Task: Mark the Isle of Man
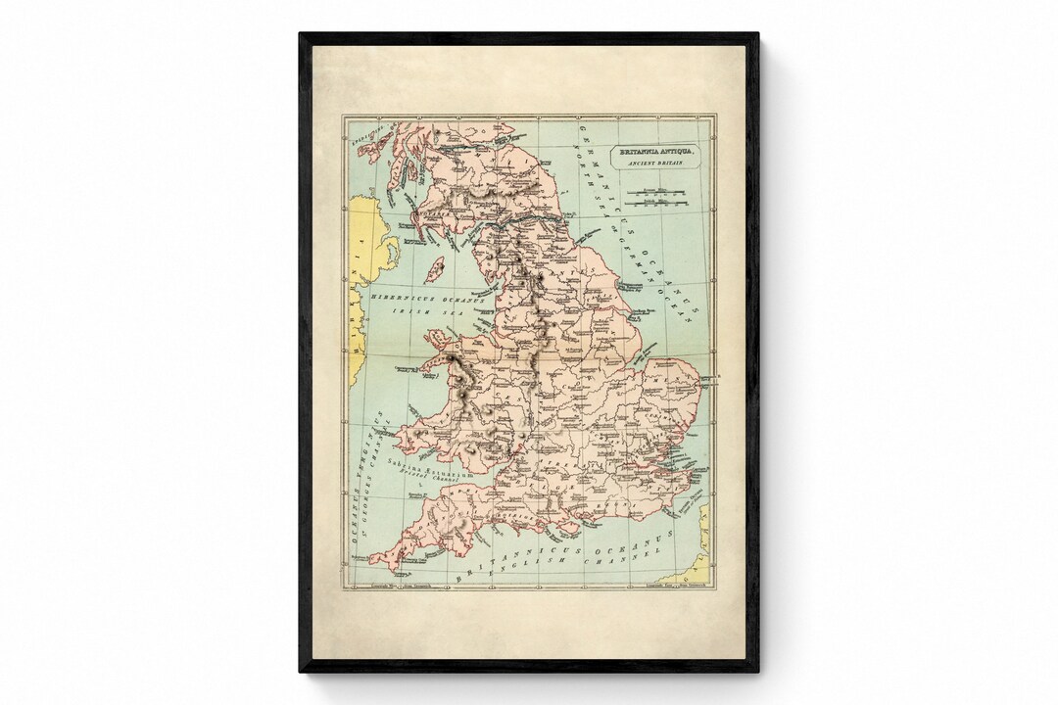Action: tap(435, 267)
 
